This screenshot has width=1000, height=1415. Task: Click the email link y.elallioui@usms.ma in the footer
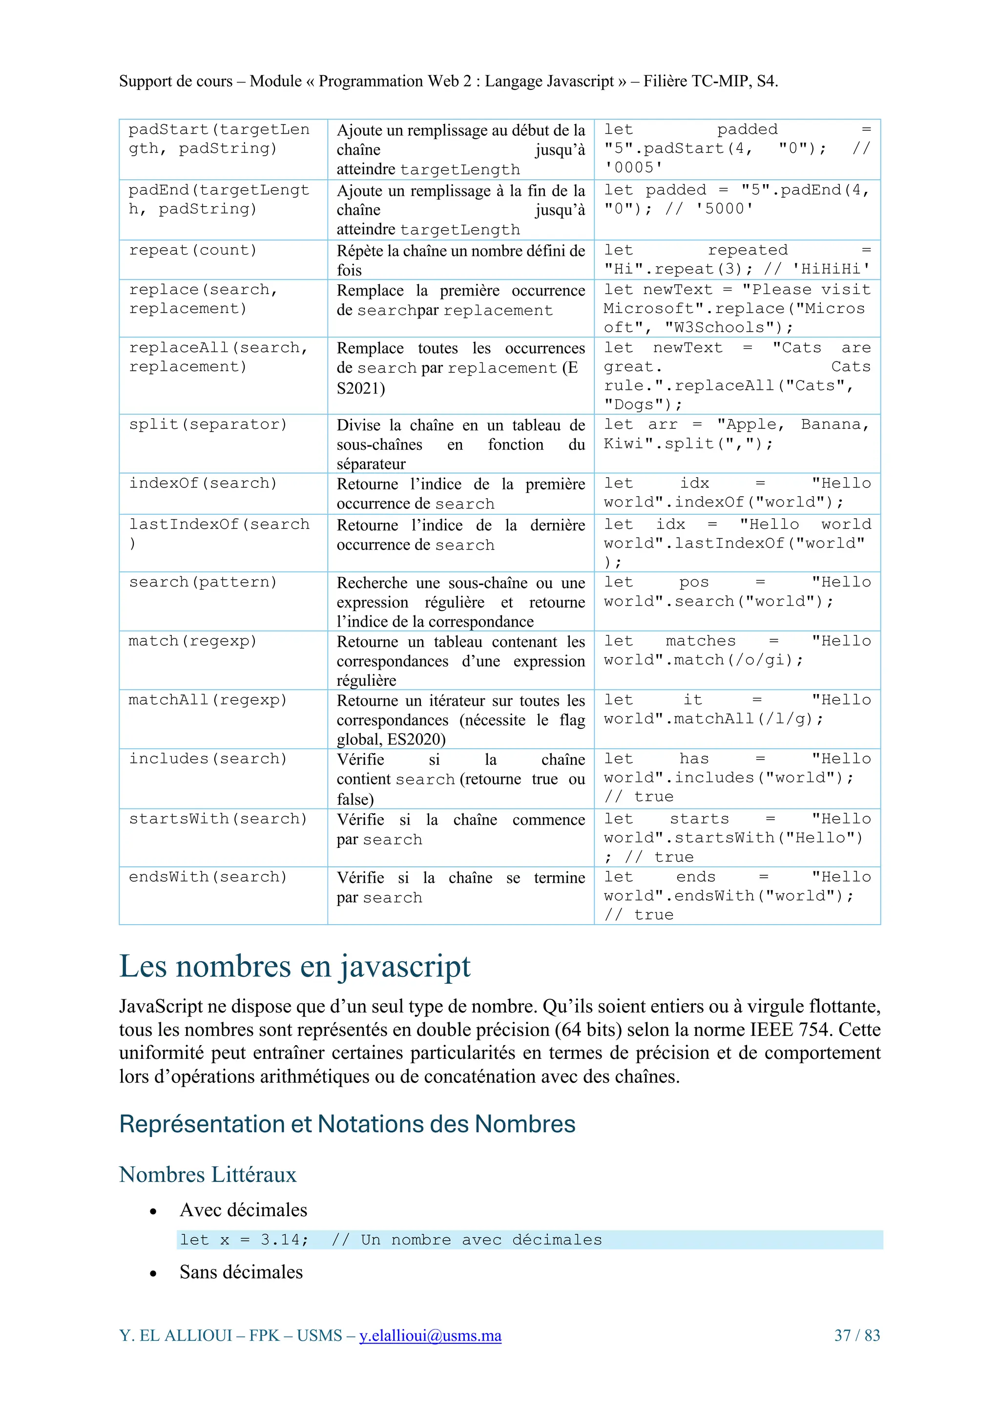coord(430,1335)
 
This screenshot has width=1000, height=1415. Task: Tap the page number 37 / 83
coord(856,1335)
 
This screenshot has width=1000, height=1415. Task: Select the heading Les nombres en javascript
coord(294,966)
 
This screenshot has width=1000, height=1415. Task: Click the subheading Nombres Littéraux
coord(208,1175)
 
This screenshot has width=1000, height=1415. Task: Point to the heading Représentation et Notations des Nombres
coord(347,1124)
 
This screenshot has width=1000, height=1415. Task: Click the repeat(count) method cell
coord(193,250)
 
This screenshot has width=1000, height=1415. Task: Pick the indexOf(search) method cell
coord(203,483)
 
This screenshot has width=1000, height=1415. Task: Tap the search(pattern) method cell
coord(203,582)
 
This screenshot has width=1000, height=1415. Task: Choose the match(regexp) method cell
coord(193,641)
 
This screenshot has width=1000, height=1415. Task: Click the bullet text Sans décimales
coord(241,1272)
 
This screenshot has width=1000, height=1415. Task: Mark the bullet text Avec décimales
coord(243,1210)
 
